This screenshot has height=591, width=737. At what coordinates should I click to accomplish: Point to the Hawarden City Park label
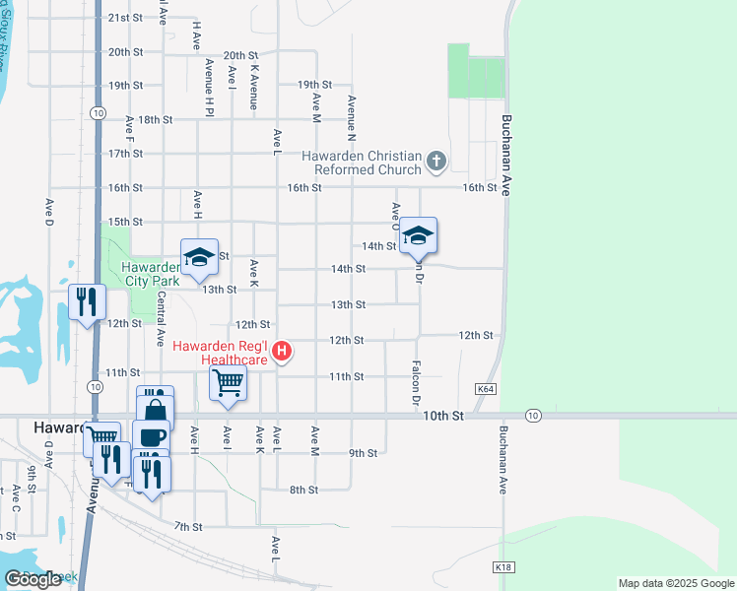tap(152, 273)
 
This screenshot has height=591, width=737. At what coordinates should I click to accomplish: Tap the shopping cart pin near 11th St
tap(229, 382)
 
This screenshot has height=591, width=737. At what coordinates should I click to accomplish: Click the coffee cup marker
tap(151, 437)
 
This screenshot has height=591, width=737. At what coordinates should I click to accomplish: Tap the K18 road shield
tap(502, 567)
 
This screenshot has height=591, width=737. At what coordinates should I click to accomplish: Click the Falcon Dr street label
tap(416, 381)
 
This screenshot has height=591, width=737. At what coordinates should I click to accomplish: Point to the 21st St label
tap(125, 18)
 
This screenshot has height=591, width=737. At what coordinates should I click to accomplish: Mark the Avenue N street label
tap(351, 117)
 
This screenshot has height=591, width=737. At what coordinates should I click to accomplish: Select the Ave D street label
tap(48, 214)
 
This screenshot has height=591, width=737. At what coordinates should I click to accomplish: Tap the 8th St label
tap(302, 490)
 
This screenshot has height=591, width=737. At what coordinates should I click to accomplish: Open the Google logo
tap(33, 579)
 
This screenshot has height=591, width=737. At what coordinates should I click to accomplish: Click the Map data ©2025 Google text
tap(675, 583)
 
